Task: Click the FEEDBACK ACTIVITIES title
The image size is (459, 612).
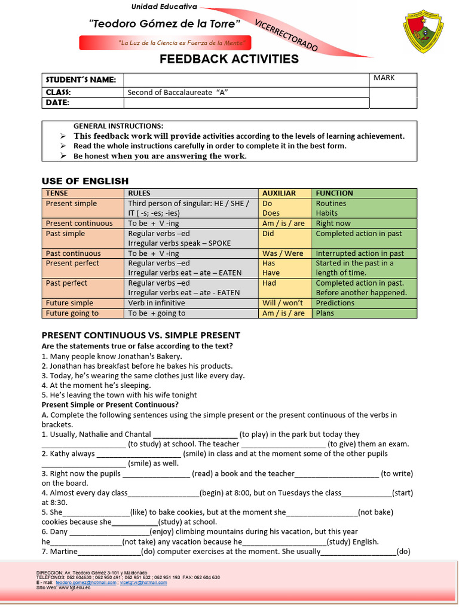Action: click(x=229, y=59)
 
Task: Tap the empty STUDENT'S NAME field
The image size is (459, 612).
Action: click(x=246, y=79)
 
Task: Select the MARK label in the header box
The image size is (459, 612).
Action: click(x=384, y=78)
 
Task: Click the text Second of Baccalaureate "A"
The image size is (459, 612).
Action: click(x=179, y=92)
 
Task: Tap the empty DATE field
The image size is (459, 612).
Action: click(x=246, y=103)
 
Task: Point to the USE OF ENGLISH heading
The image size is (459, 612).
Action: click(x=85, y=181)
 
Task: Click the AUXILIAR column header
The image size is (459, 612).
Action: click(x=279, y=193)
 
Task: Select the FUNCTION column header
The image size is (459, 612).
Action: click(x=334, y=193)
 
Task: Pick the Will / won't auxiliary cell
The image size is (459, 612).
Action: click(x=283, y=303)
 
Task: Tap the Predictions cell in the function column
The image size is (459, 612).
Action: click(x=335, y=303)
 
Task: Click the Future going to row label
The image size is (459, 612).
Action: click(x=72, y=313)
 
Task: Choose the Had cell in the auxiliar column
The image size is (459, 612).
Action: click(x=269, y=283)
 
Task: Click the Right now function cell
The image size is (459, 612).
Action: click(x=333, y=223)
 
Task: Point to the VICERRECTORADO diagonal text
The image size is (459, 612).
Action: click(x=286, y=35)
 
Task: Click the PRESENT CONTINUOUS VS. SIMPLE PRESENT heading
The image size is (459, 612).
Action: click(x=140, y=335)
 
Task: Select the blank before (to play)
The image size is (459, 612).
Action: click(x=195, y=435)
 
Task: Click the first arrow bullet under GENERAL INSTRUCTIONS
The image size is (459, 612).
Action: click(x=63, y=136)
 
